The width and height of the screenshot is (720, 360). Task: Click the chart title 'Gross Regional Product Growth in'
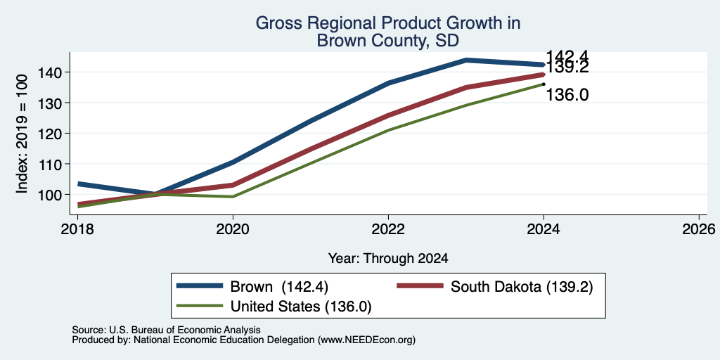388,23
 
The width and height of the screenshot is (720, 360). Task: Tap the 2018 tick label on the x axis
77,229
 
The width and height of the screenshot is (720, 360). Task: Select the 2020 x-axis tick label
233,229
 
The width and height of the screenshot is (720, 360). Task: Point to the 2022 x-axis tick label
388,229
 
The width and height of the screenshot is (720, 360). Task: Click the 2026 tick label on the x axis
700,229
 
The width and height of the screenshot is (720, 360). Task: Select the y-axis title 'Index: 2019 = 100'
22,134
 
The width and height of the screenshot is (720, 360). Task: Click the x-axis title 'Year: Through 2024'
388,259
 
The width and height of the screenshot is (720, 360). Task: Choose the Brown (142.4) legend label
278,287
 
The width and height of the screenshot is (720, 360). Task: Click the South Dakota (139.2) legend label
522,287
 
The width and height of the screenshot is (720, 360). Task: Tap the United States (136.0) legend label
301,307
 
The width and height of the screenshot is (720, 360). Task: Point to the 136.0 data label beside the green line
567,95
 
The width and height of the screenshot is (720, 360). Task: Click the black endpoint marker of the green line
544,84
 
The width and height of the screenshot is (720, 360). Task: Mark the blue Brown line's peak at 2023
466,60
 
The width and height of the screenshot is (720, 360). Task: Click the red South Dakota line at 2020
233,185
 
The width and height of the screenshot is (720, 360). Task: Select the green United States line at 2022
388,130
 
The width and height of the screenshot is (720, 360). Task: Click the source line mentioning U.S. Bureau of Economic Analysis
166,330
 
